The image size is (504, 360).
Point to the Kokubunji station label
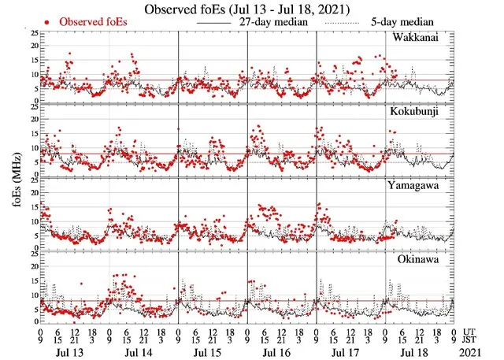pyautogui.click(x=421, y=112)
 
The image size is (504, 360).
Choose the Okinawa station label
pyautogui.click(x=424, y=258)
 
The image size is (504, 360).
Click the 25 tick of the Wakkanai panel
pyautogui.click(x=32, y=34)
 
